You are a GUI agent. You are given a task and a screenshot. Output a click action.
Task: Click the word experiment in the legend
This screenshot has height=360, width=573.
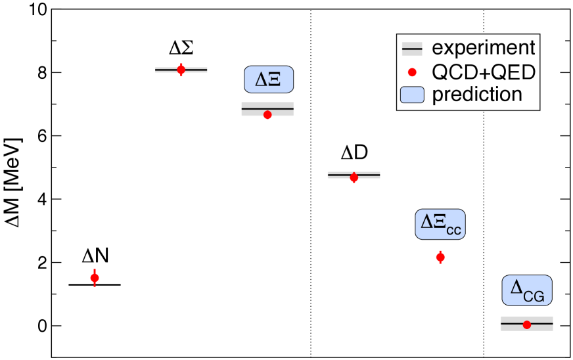point(483,48)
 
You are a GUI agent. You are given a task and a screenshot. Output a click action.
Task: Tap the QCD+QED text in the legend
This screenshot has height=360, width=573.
point(483,72)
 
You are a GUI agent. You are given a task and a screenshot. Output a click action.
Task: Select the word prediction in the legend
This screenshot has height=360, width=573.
point(476,94)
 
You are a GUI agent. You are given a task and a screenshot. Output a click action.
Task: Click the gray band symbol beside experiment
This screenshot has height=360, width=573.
point(412,49)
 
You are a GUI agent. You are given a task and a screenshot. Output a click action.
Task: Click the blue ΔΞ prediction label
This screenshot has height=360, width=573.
point(268,79)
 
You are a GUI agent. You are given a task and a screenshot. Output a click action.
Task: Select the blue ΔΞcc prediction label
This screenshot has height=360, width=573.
point(440,224)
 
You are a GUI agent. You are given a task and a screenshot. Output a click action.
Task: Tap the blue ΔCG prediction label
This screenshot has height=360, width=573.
point(527,290)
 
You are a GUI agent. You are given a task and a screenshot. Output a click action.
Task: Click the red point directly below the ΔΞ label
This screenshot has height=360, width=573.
point(267,115)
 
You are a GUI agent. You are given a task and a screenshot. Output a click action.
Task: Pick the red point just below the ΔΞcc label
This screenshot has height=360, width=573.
point(440,257)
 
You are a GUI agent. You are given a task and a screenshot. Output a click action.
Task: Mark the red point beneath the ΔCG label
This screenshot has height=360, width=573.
point(526,325)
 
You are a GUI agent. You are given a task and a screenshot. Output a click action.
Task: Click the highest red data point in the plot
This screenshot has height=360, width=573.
point(181,70)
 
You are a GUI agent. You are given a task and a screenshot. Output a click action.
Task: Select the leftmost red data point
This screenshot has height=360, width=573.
point(95,278)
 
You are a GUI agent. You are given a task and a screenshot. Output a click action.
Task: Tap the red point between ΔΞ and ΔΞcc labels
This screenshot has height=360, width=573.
point(354,177)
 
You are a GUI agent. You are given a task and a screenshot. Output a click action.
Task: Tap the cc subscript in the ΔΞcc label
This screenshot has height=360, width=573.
point(454,231)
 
